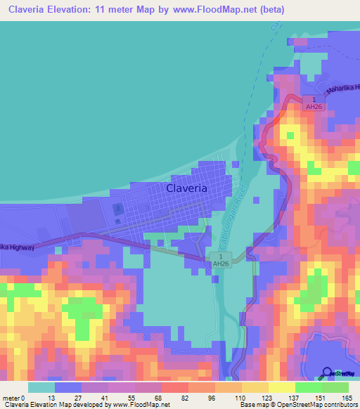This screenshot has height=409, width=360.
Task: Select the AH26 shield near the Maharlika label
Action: pos(310,103)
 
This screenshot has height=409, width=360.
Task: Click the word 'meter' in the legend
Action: pos(11,397)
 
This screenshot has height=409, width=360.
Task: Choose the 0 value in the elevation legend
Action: pos(25,397)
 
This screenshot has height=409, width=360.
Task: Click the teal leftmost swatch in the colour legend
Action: pos(41,387)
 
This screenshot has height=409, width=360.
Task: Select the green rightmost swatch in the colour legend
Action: pos(335,387)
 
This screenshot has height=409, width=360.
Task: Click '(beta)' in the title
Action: pos(271,10)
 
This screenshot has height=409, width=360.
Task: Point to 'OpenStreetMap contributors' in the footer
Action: pos(316,405)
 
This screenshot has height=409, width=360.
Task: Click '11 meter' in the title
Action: pos(117,10)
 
